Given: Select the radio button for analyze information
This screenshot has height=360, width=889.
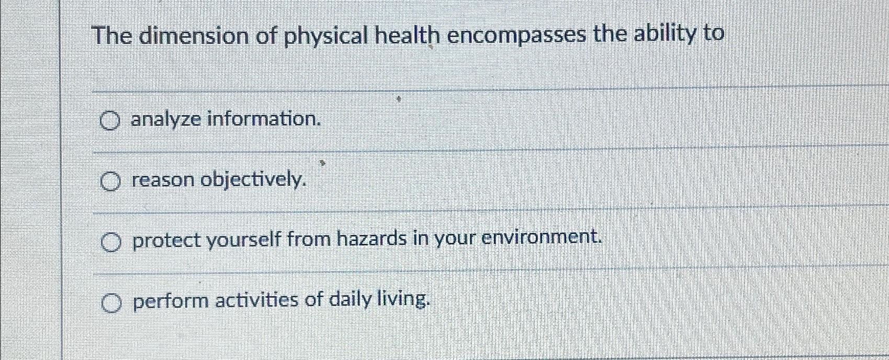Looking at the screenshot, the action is (109, 121).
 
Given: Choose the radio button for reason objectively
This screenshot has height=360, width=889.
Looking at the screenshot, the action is (110, 182).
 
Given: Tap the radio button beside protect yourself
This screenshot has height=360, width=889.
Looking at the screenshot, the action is (111, 242).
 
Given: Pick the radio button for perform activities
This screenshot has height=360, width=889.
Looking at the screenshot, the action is (111, 303).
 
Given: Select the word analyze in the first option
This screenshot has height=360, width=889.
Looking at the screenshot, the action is (166, 120).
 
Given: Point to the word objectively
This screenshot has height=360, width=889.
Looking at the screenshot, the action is (254, 180).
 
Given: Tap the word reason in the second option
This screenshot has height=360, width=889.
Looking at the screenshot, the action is (163, 181).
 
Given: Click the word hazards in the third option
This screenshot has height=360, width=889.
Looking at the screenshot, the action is (372, 239).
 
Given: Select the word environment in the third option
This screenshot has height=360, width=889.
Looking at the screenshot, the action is (542, 238).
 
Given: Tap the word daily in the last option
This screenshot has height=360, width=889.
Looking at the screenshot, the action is (351, 300).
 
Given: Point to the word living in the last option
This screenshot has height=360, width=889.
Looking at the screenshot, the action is (404, 299).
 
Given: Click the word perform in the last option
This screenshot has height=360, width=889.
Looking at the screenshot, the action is (171, 301).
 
